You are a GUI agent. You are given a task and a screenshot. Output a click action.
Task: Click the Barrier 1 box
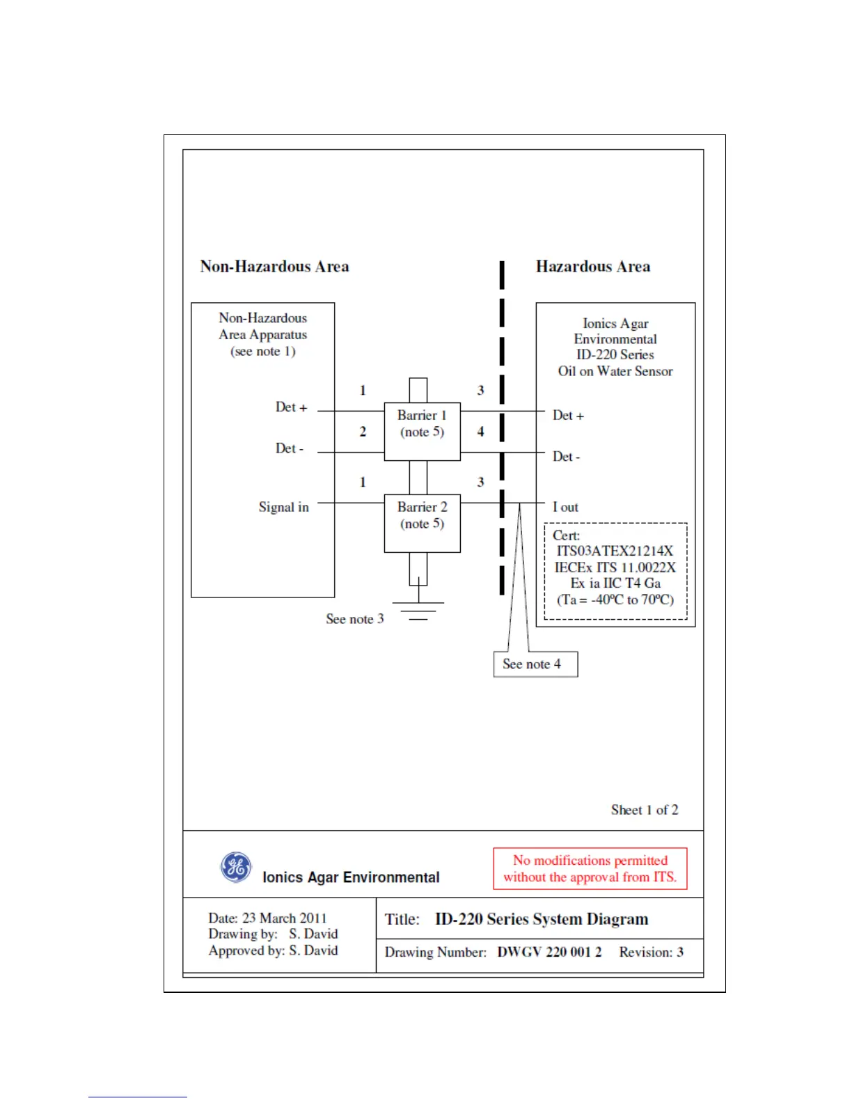click(422, 431)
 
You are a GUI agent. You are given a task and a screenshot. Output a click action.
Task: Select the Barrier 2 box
click(422, 523)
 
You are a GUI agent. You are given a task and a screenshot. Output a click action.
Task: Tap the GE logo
click(236, 867)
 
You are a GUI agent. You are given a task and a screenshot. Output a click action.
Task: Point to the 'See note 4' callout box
click(535, 664)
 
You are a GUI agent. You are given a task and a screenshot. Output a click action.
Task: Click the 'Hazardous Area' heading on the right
click(593, 267)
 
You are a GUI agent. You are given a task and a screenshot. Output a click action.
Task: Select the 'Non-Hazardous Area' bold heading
click(274, 267)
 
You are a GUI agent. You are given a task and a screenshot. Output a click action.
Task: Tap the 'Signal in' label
click(283, 507)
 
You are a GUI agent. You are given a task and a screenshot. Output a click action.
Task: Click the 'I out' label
click(565, 507)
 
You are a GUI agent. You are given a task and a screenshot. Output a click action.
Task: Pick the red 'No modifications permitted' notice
click(590, 868)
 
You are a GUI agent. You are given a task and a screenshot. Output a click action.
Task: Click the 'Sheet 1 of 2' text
click(645, 810)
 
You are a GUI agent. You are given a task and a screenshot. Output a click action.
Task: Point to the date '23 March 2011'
click(284, 918)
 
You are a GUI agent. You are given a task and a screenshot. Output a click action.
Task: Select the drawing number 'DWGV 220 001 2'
click(549, 952)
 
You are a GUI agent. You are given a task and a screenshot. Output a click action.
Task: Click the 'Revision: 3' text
click(651, 952)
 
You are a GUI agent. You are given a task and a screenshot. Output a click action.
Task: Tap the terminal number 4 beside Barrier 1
click(480, 432)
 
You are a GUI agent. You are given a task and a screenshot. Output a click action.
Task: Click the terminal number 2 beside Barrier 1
click(363, 432)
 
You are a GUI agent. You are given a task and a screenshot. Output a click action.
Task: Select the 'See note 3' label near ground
click(354, 619)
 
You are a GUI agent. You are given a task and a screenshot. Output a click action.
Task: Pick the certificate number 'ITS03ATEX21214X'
click(615, 551)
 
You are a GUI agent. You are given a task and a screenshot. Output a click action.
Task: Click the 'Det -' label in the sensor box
click(566, 457)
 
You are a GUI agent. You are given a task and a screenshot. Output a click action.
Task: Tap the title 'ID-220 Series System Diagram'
click(541, 919)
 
